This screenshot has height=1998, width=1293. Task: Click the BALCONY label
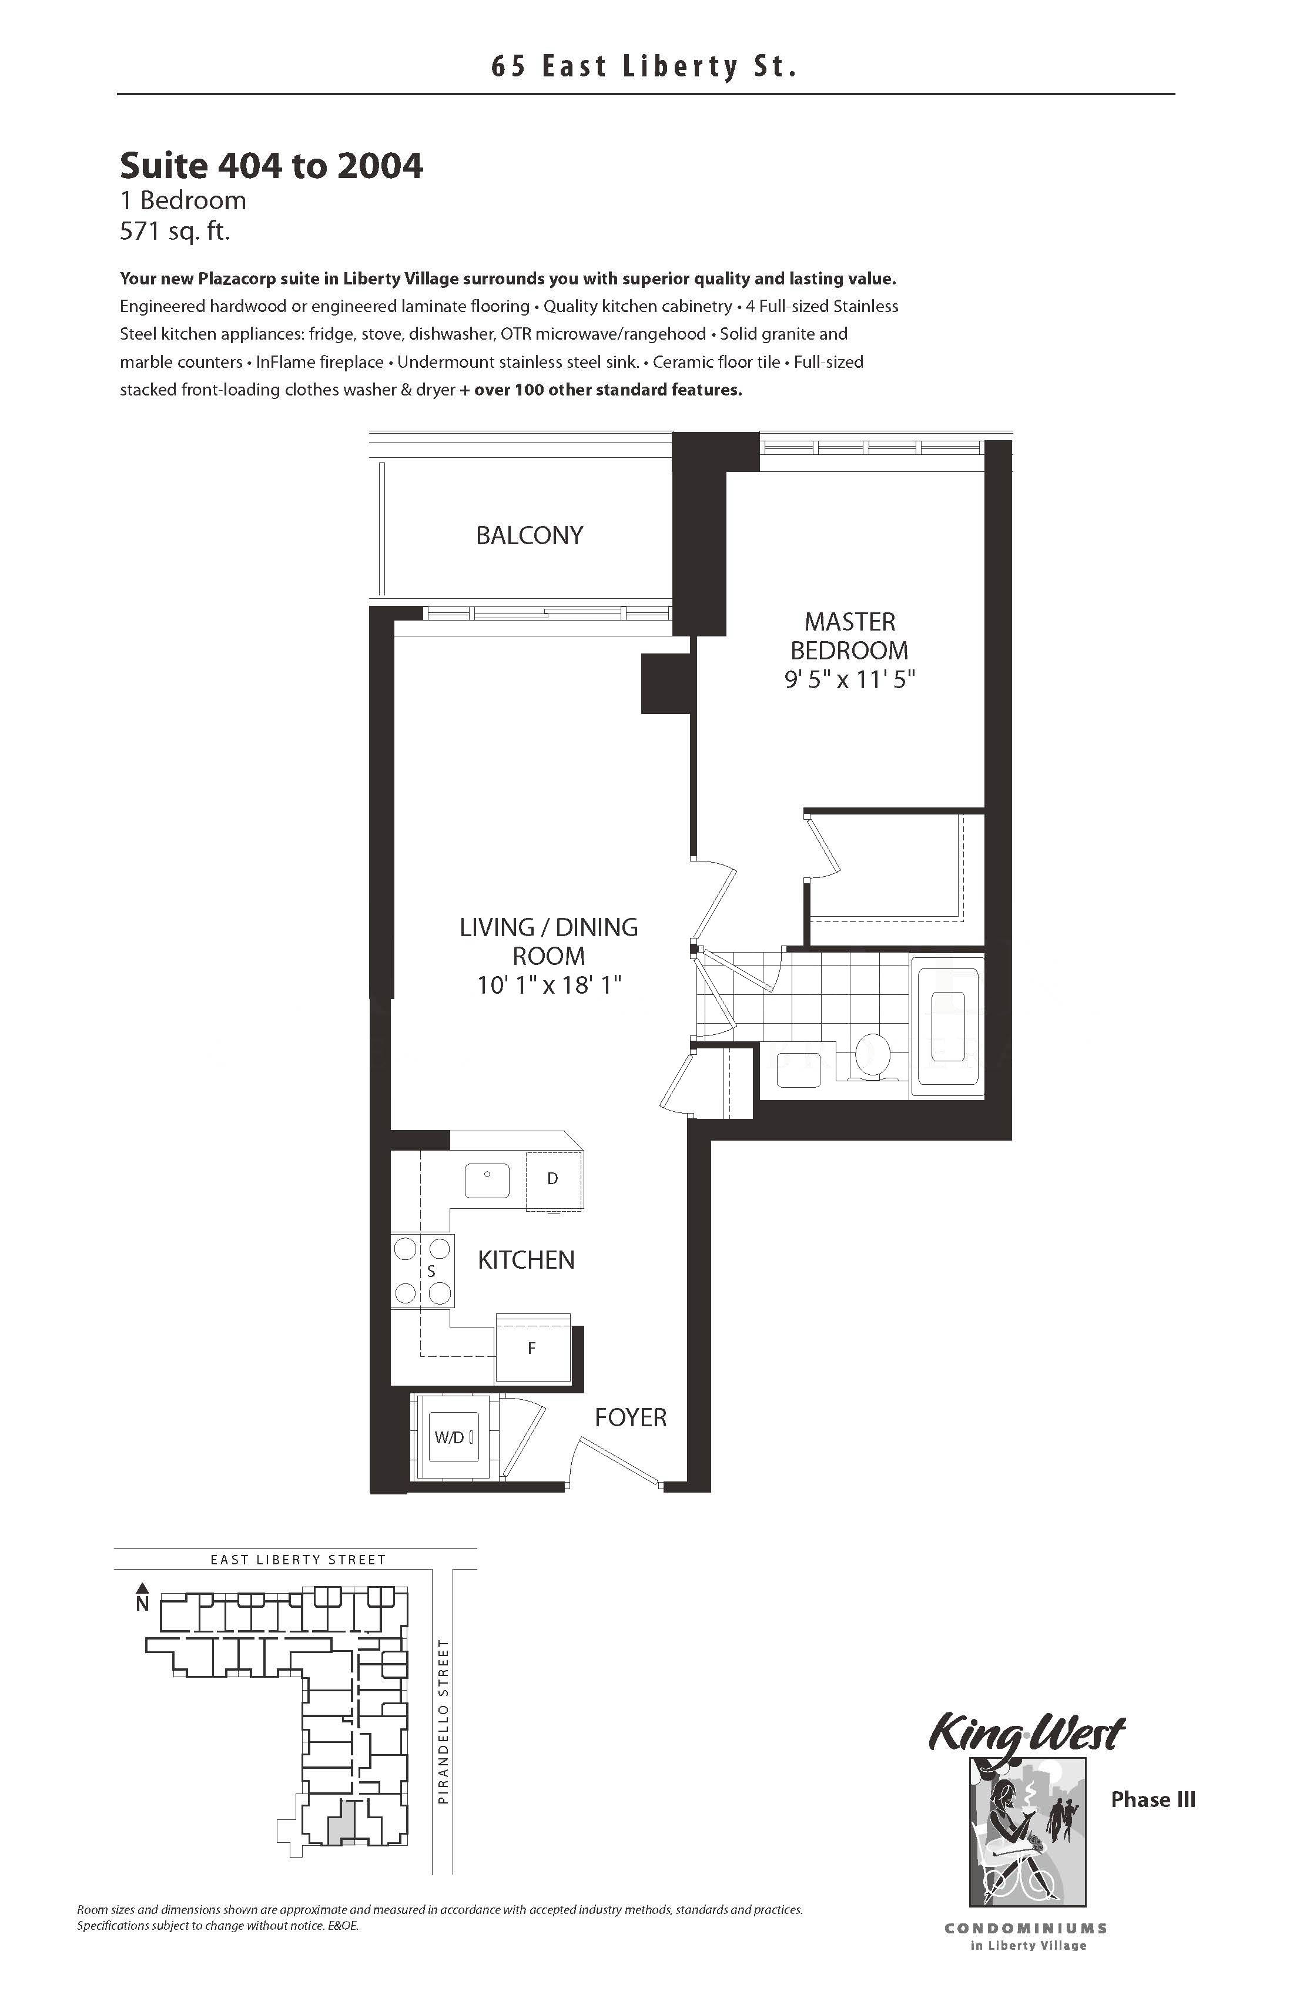[x=529, y=535]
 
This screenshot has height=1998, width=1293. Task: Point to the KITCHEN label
[x=527, y=1260]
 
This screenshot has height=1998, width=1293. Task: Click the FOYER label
[x=631, y=1418]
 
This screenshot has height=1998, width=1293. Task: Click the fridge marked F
[x=532, y=1349]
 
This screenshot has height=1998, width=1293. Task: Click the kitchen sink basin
[x=487, y=1181]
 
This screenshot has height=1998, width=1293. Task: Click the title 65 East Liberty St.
[x=644, y=66]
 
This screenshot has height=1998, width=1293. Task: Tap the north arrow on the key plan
[x=143, y=1587]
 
